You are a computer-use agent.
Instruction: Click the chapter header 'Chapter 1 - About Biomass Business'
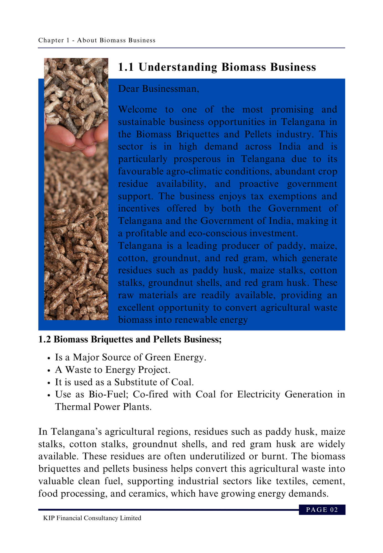click(x=97, y=40)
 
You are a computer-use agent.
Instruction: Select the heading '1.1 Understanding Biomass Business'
click(x=217, y=67)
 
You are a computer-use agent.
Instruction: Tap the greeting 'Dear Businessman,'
click(x=159, y=89)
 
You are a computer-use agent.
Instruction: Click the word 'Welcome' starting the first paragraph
click(x=138, y=109)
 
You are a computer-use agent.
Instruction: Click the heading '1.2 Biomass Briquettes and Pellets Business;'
click(x=130, y=339)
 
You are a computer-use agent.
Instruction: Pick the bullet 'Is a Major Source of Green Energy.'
click(x=131, y=357)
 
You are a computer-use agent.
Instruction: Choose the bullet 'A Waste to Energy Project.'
click(x=113, y=370)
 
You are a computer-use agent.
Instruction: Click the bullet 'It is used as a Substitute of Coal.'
click(x=124, y=382)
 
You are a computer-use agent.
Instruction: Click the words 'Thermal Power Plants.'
click(x=103, y=407)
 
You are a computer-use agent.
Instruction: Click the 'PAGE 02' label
click(x=322, y=510)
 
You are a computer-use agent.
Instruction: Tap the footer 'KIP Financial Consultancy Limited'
click(x=92, y=518)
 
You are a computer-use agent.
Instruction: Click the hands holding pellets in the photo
click(x=76, y=138)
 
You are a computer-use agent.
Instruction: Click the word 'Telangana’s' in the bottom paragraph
click(x=76, y=432)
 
